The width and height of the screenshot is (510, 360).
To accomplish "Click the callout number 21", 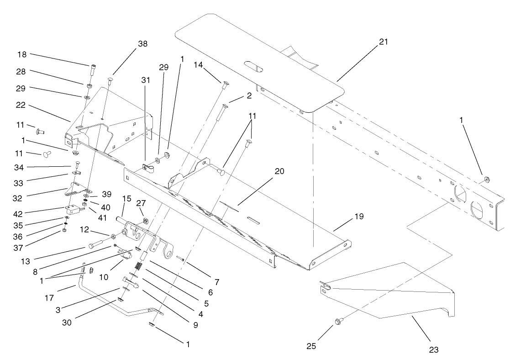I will [x=383, y=42].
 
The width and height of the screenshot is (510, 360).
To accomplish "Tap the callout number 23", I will [x=433, y=350].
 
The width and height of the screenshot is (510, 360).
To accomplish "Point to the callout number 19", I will [x=359, y=216].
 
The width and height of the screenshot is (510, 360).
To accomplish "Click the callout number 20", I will [x=279, y=171].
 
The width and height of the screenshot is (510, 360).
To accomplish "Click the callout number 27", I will [x=141, y=203].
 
